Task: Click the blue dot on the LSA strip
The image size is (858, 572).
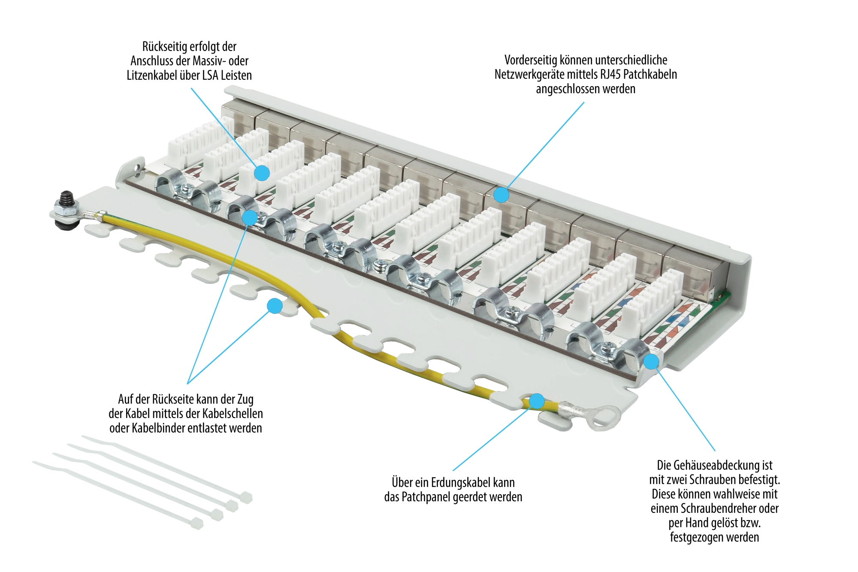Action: pyautogui.click(x=262, y=173)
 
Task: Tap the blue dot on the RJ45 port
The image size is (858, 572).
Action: pyautogui.click(x=501, y=195)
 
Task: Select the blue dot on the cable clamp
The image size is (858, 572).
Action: pyautogui.click(x=250, y=217)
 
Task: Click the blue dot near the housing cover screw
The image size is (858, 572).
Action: pyautogui.click(x=651, y=361)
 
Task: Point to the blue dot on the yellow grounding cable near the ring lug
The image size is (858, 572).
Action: pyautogui.click(x=537, y=401)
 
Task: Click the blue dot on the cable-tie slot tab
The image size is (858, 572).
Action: pyautogui.click(x=275, y=306)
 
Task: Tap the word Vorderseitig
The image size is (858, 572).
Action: pyautogui.click(x=531, y=60)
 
